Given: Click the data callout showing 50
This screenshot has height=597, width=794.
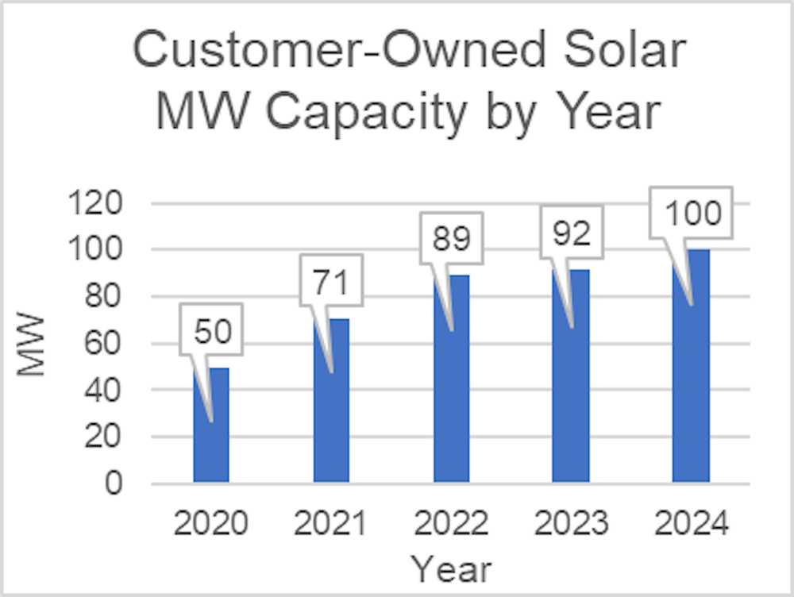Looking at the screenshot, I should pyautogui.click(x=211, y=330).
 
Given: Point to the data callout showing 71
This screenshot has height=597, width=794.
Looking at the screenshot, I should pyautogui.click(x=332, y=282).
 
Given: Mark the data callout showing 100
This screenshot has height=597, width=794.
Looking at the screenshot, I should pyautogui.click(x=692, y=213).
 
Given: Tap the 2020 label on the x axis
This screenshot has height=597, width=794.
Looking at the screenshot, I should pyautogui.click(x=211, y=524).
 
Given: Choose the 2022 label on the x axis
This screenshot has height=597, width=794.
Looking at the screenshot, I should pyautogui.click(x=451, y=524).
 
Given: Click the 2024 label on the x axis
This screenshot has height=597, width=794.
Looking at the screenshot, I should pyautogui.click(x=691, y=524).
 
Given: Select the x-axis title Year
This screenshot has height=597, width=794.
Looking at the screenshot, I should pyautogui.click(x=451, y=569).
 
